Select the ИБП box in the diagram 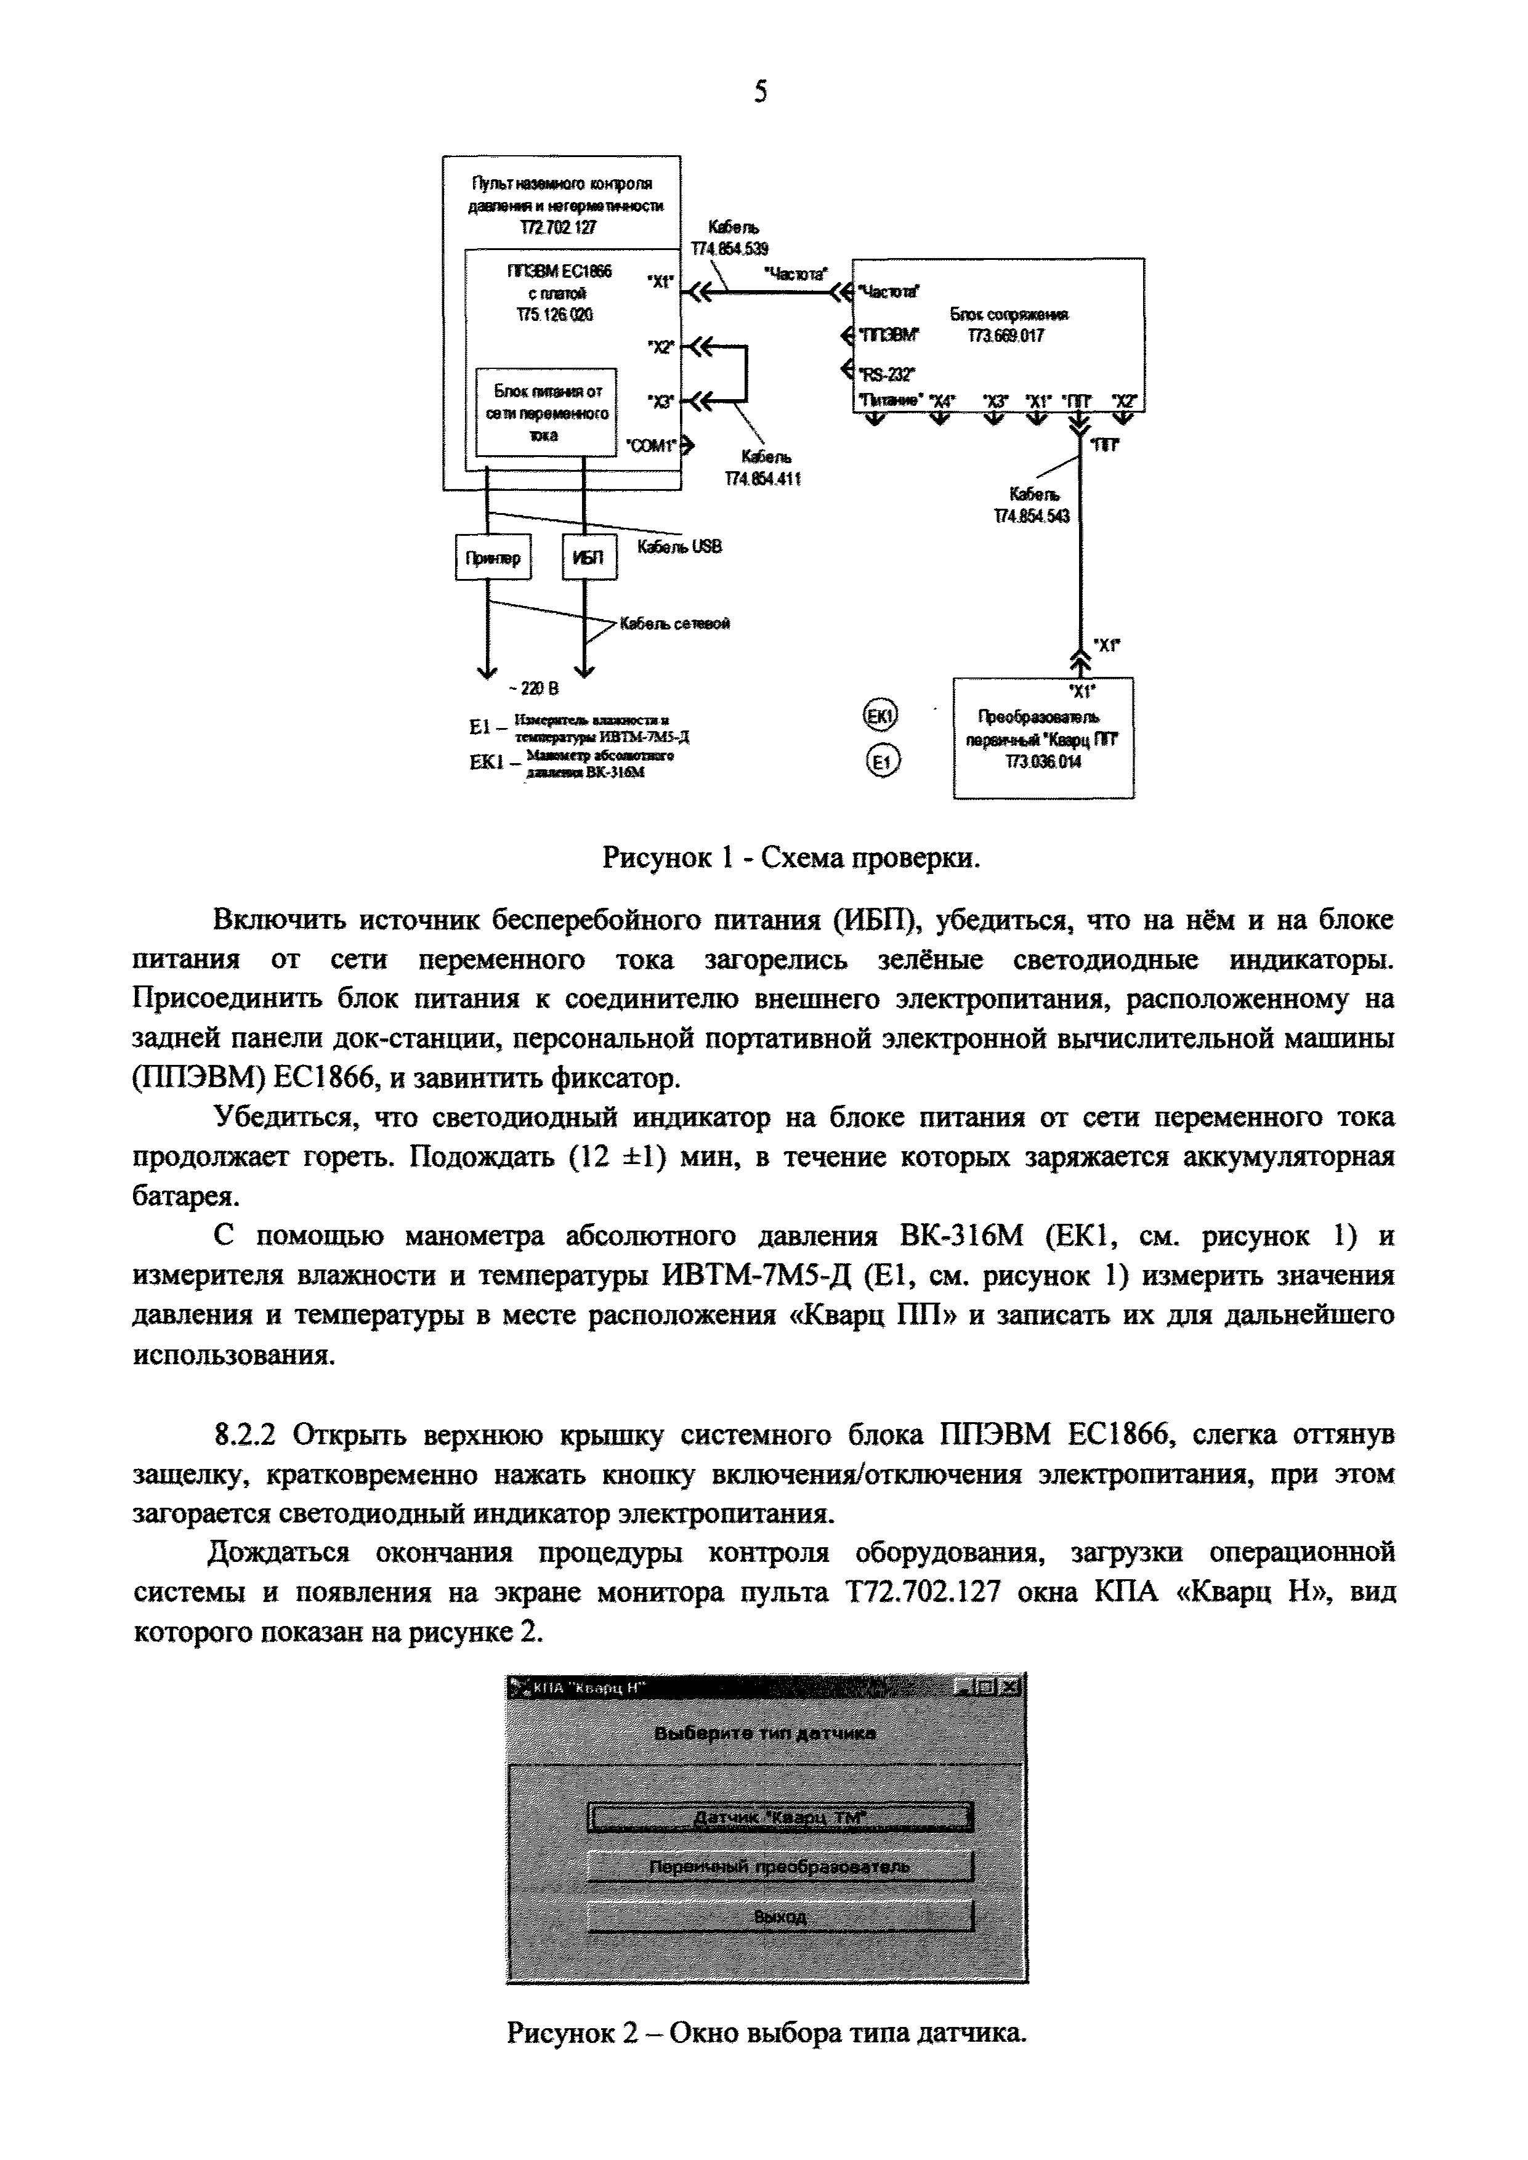[588, 558]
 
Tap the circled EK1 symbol [881, 716]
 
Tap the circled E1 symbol [881, 762]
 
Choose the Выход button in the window [779, 1916]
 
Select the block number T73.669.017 [1006, 336]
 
